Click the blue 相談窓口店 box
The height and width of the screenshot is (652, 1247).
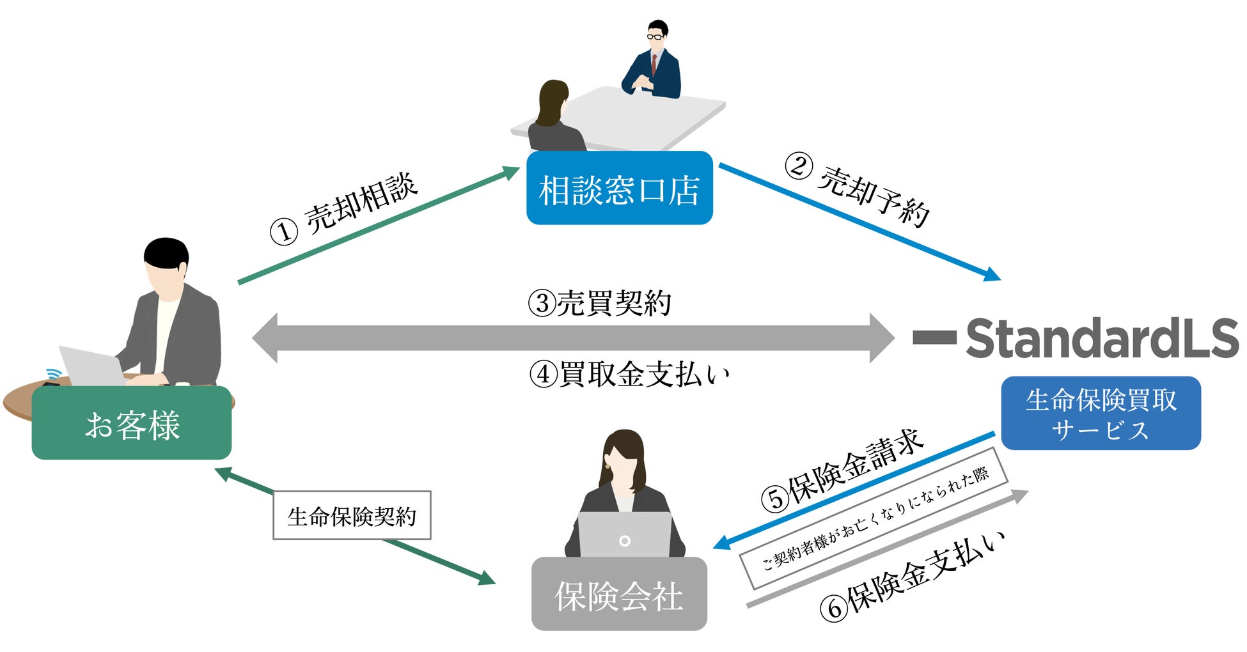[619, 188]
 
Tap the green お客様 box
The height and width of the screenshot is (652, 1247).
[132, 423]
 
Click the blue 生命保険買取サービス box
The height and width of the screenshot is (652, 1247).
[1101, 414]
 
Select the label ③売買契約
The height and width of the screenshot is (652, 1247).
[600, 303]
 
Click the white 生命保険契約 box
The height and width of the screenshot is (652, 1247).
[352, 515]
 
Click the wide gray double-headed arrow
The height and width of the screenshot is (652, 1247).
[573, 338]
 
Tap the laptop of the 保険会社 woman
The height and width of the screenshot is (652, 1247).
[625, 536]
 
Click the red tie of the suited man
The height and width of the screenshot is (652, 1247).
[654, 64]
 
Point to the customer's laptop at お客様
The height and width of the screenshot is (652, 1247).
[91, 366]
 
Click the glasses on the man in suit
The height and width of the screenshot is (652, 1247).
[655, 36]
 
